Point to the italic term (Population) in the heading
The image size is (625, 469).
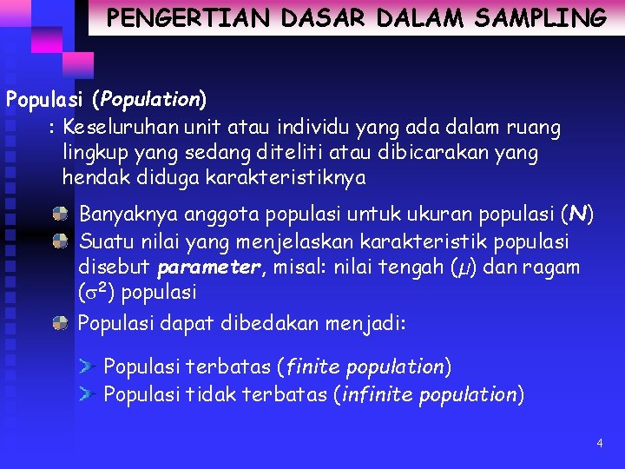click(149, 99)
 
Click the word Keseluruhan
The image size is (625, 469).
click(122, 128)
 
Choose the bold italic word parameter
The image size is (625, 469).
click(209, 267)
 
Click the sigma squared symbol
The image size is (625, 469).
click(95, 291)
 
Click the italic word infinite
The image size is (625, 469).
click(378, 394)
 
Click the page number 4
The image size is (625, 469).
click(599, 444)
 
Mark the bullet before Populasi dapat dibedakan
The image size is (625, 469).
click(60, 323)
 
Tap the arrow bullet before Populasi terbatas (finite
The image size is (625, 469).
click(85, 367)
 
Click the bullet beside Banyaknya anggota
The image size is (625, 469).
click(60, 214)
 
